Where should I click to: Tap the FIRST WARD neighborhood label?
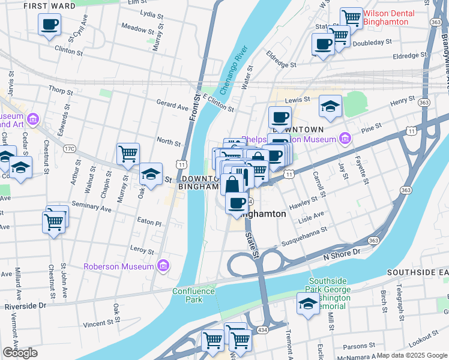click(x=49, y=6)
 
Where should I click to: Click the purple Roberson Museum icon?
click(x=163, y=266)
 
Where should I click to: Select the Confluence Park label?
click(x=193, y=295)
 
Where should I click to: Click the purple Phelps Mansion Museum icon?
click(x=345, y=139)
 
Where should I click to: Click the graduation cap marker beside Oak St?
click(x=151, y=174)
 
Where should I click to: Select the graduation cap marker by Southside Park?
click(x=308, y=304)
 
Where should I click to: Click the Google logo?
click(x=20, y=353)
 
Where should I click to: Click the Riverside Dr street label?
click(x=25, y=305)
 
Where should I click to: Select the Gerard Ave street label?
click(x=172, y=106)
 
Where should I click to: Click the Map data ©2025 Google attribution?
click(x=411, y=355)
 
